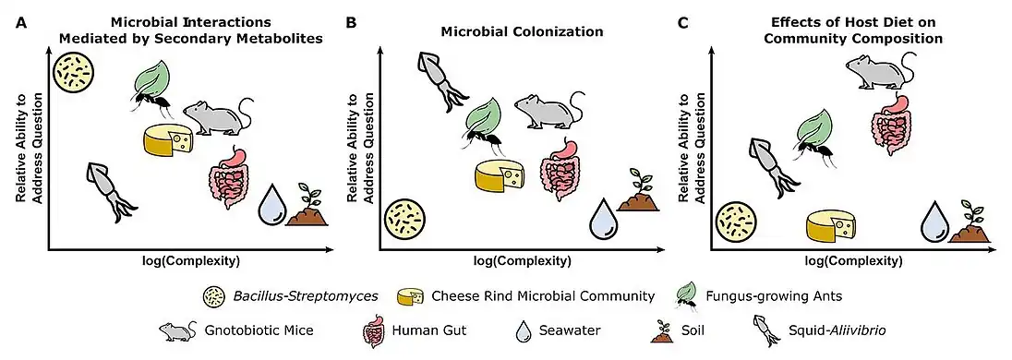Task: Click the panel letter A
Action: (20, 20)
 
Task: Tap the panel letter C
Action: (682, 20)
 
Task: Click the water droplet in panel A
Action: (272, 205)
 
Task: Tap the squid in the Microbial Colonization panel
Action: (439, 80)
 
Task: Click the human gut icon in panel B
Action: (560, 164)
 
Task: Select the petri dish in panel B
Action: (406, 222)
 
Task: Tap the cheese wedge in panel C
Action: (836, 227)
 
